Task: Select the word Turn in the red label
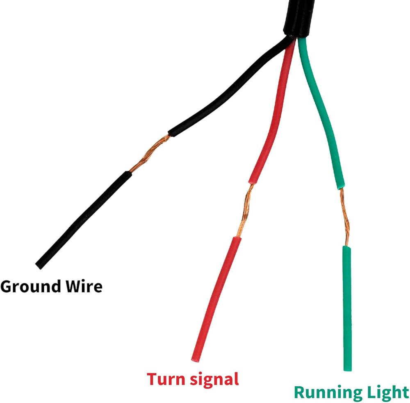(166, 379)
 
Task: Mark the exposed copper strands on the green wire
(345, 217)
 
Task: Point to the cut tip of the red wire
(195, 360)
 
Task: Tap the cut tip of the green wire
(348, 369)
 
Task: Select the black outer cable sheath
(298, 18)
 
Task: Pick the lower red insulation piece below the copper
(217, 299)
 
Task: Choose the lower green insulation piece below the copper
(347, 308)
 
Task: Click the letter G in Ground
(7, 286)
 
